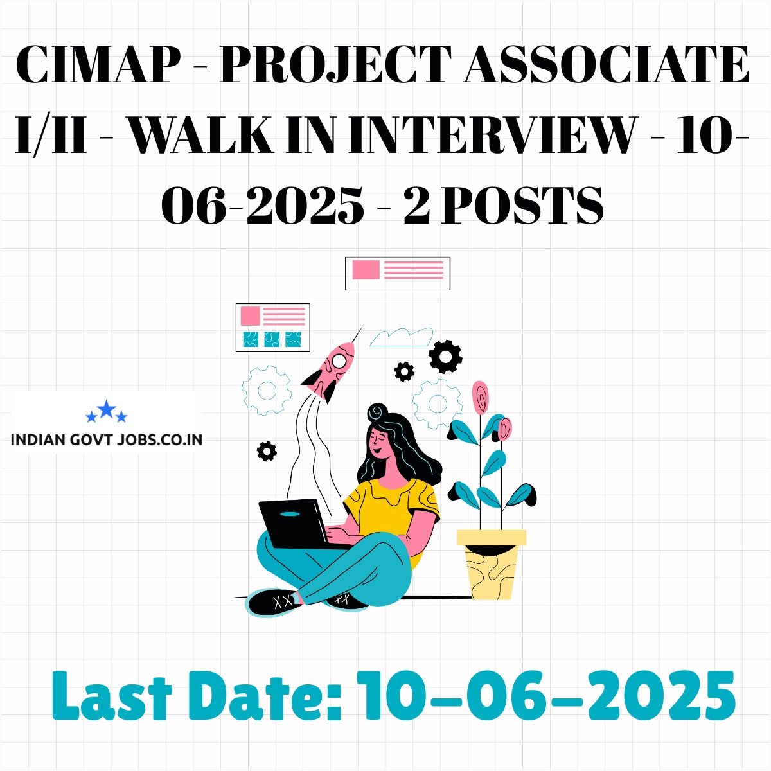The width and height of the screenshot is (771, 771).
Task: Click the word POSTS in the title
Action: [522, 204]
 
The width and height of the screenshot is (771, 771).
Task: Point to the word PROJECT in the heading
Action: [335, 66]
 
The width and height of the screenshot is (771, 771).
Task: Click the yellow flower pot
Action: [492, 564]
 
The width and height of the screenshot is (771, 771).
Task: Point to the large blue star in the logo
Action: [107, 409]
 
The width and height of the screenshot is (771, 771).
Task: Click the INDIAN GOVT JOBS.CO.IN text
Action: [107, 439]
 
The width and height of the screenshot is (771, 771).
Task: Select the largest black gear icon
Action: [445, 357]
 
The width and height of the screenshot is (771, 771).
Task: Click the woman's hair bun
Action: [378, 411]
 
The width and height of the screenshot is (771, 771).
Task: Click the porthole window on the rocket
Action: [339, 360]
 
